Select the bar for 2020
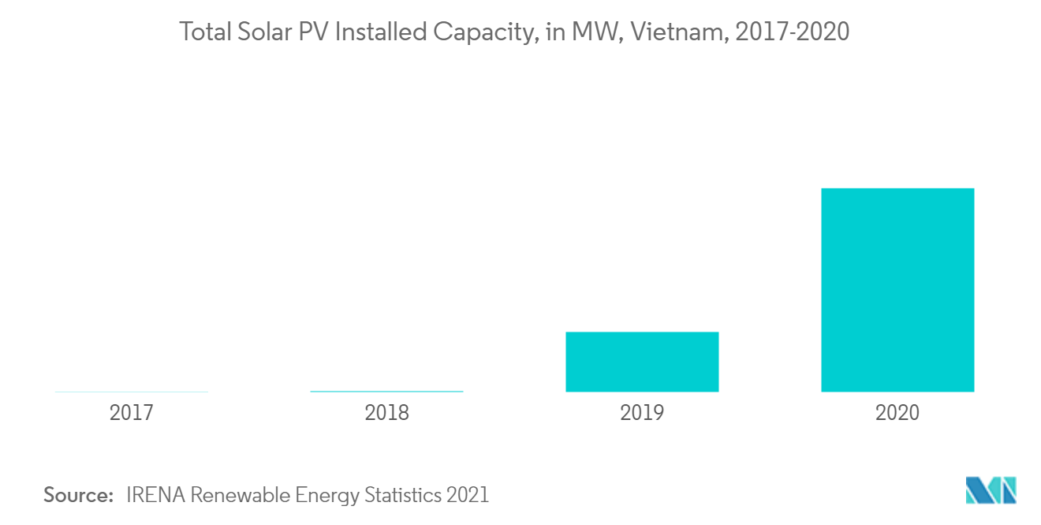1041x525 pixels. pos(897,290)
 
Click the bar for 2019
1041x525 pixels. pos(642,362)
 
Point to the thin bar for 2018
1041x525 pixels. pos(386,391)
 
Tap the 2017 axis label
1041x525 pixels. pos(132,413)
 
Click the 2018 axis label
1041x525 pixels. pos(386,413)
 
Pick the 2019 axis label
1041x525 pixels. pos(642,413)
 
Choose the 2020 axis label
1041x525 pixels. pos(897,413)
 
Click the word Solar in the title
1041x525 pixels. pos(256,32)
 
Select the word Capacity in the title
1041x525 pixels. pos(482,32)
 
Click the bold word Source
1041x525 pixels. pos(79,495)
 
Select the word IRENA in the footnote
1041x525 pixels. pos(155,495)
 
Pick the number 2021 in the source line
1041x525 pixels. pos(468,495)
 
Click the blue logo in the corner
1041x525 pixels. pos(991,490)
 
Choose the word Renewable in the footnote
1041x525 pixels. pos(241,495)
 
